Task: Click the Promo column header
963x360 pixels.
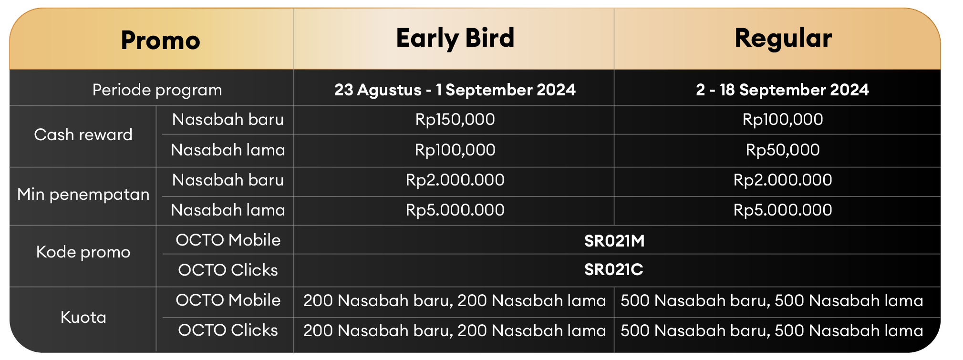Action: click(160, 40)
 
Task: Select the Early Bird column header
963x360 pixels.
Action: click(455, 38)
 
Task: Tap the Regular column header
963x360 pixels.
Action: click(783, 38)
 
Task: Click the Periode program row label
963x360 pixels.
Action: click(157, 90)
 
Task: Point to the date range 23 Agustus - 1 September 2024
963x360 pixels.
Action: click(455, 90)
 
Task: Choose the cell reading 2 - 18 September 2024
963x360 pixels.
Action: click(782, 90)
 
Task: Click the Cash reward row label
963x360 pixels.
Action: click(83, 135)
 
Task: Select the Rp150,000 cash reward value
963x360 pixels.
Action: click(455, 120)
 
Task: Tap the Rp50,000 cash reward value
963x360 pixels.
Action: click(783, 150)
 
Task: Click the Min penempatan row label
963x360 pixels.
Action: click(83, 195)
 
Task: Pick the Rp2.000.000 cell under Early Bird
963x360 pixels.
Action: click(455, 180)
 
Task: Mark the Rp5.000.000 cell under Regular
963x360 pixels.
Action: click(783, 210)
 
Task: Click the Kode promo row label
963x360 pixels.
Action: click(83, 252)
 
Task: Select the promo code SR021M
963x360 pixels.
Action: click(614, 241)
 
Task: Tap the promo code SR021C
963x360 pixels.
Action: click(614, 270)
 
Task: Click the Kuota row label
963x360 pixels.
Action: click(83, 317)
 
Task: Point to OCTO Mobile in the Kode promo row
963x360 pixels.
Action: click(228, 240)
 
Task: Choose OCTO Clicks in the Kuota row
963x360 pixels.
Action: click(228, 330)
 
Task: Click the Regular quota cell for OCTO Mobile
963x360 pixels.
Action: click(772, 301)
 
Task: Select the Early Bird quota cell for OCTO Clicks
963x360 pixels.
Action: click(455, 331)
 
